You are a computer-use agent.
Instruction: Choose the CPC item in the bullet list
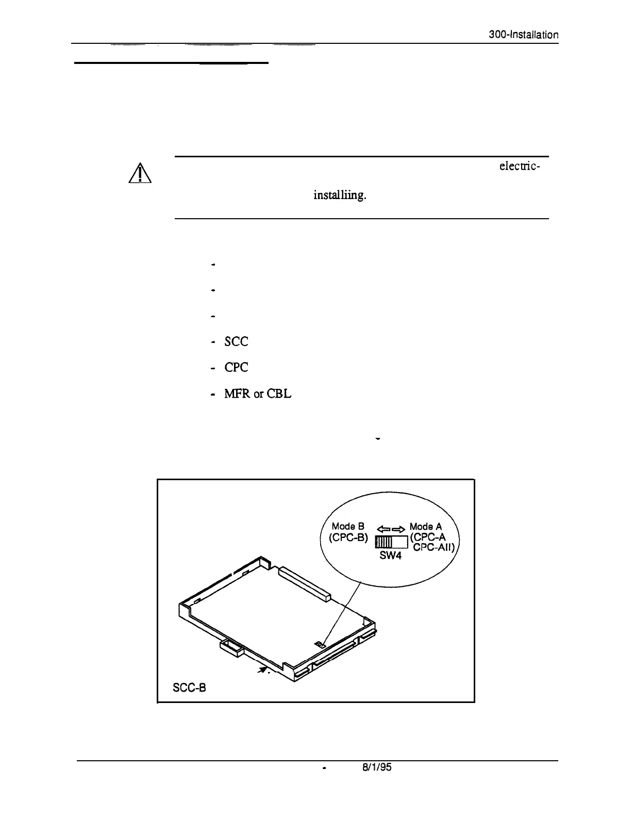(x=236, y=367)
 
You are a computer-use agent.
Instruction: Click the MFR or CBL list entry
(x=258, y=394)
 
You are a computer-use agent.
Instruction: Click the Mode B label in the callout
(x=348, y=527)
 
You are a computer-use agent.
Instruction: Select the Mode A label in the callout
(x=425, y=527)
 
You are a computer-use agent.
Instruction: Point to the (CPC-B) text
(x=348, y=538)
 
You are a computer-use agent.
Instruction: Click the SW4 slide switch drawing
(x=391, y=542)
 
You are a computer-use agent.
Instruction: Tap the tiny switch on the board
(x=320, y=644)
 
